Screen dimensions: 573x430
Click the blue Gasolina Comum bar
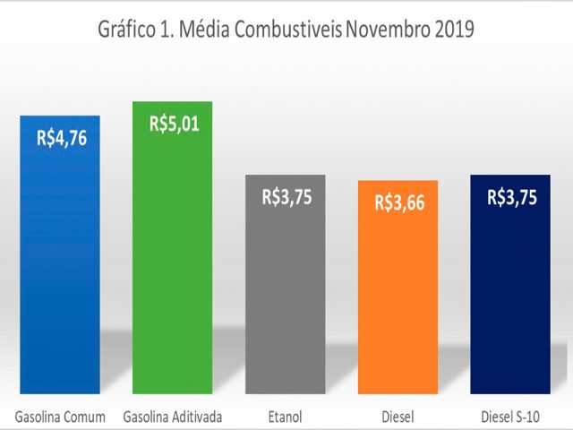[60, 254]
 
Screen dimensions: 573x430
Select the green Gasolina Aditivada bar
[173, 247]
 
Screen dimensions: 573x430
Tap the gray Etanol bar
[286, 284]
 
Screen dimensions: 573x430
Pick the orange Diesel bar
[398, 287]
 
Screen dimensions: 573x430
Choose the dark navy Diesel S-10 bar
[510, 284]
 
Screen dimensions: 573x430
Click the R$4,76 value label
[62, 138]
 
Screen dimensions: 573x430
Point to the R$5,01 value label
[175, 124]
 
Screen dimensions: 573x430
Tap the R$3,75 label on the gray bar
[286, 197]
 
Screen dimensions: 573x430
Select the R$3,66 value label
[400, 203]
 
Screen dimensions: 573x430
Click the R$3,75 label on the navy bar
[512, 197]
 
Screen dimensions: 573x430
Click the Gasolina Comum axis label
[60, 417]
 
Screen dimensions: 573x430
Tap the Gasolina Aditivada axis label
[173, 417]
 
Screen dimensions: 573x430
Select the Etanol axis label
[286, 417]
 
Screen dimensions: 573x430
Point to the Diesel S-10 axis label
[510, 417]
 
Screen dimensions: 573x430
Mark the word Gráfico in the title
[127, 30]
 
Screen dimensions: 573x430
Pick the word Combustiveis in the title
[288, 29]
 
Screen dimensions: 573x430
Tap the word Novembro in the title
[388, 29]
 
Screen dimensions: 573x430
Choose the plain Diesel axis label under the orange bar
[398, 417]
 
